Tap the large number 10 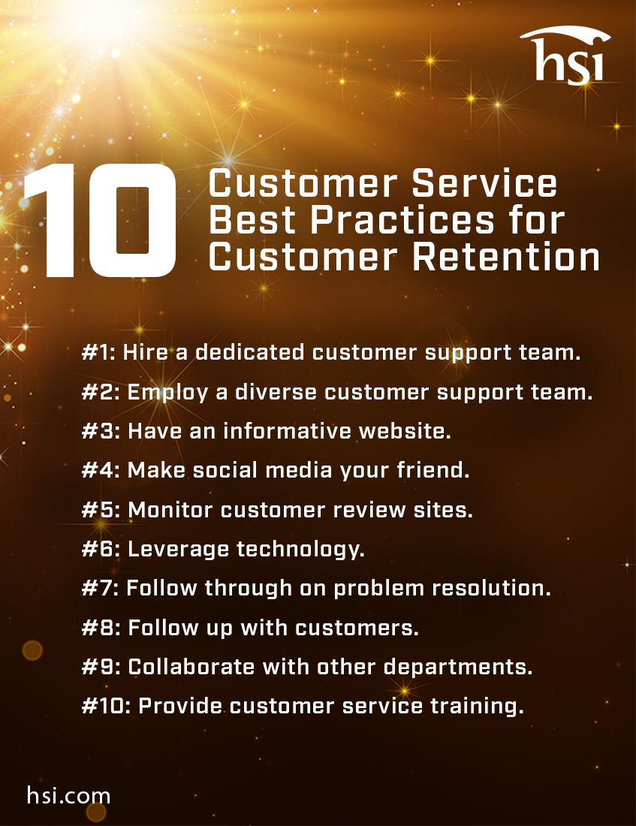click(x=100, y=222)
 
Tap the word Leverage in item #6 click(x=179, y=549)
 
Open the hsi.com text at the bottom click(x=68, y=795)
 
